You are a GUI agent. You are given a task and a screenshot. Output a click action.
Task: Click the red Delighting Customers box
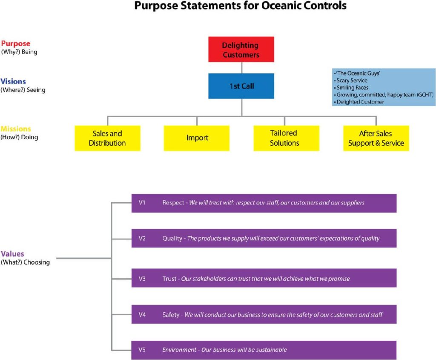pos(241,50)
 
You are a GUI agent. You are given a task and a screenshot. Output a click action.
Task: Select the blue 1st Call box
pos(241,86)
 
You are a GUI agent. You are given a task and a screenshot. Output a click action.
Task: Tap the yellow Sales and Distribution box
pos(107,138)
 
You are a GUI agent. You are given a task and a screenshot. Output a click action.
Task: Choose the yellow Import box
pos(197,138)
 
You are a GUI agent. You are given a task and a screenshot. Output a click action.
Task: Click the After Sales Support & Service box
pos(376,138)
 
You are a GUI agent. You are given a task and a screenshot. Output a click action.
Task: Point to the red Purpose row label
pos(16,44)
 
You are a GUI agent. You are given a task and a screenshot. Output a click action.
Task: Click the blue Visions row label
pos(13,81)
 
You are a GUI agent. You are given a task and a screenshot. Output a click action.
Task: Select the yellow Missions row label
pos(16,129)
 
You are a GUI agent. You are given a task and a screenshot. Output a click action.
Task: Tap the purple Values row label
pos(12,254)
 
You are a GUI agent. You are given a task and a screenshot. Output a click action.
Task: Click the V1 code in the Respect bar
pos(142,203)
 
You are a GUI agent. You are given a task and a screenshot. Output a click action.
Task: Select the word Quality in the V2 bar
pos(172,239)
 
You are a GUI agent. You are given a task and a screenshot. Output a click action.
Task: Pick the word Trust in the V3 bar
pos(169,279)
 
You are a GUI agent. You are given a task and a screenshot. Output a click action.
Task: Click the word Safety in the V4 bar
pos(171,315)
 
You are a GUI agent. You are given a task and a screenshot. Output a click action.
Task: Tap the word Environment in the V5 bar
pos(179,350)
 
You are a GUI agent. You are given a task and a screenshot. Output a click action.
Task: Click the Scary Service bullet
pos(352,80)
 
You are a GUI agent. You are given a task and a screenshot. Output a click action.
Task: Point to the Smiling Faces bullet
pos(353,87)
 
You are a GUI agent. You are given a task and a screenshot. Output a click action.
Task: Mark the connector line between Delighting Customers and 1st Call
pos(241,68)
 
